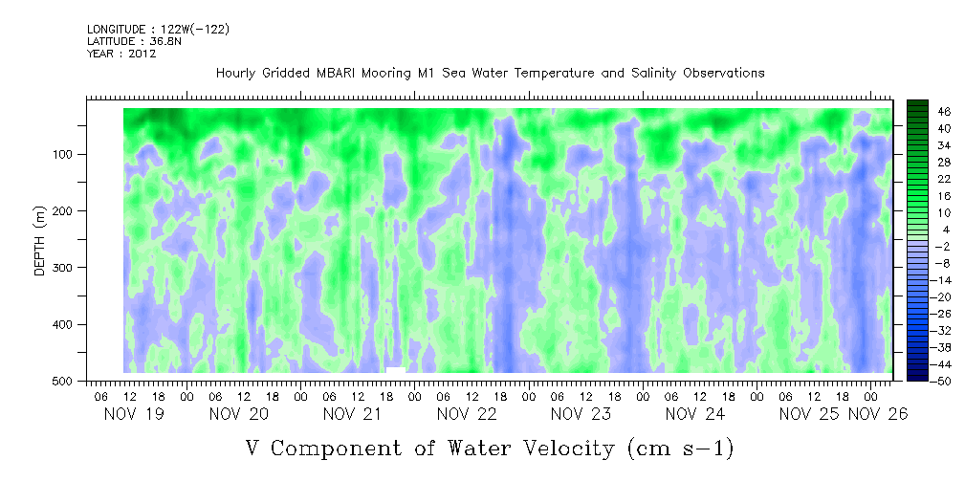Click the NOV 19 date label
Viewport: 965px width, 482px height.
134,414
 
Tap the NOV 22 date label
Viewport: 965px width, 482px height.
467,414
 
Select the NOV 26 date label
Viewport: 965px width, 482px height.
878,414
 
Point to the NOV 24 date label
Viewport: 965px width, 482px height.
695,414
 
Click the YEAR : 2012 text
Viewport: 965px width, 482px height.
121,54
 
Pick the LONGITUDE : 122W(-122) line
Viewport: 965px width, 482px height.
159,29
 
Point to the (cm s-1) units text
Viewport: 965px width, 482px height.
680,449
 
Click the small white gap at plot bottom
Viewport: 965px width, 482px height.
396,370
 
